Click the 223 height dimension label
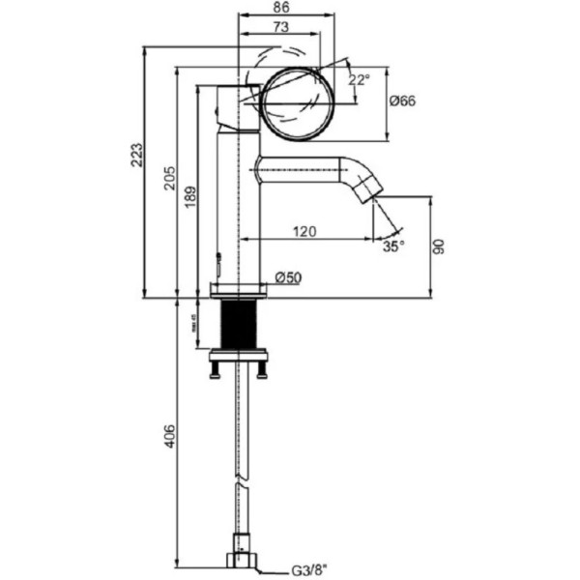pos(136,157)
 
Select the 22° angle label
pos(359,80)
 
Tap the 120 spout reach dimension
pos(306,232)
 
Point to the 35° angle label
pos(392,247)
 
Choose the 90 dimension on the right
pos(442,247)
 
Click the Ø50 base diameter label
pos(288,277)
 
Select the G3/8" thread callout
pos(309,570)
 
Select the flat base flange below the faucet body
pos(238,289)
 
